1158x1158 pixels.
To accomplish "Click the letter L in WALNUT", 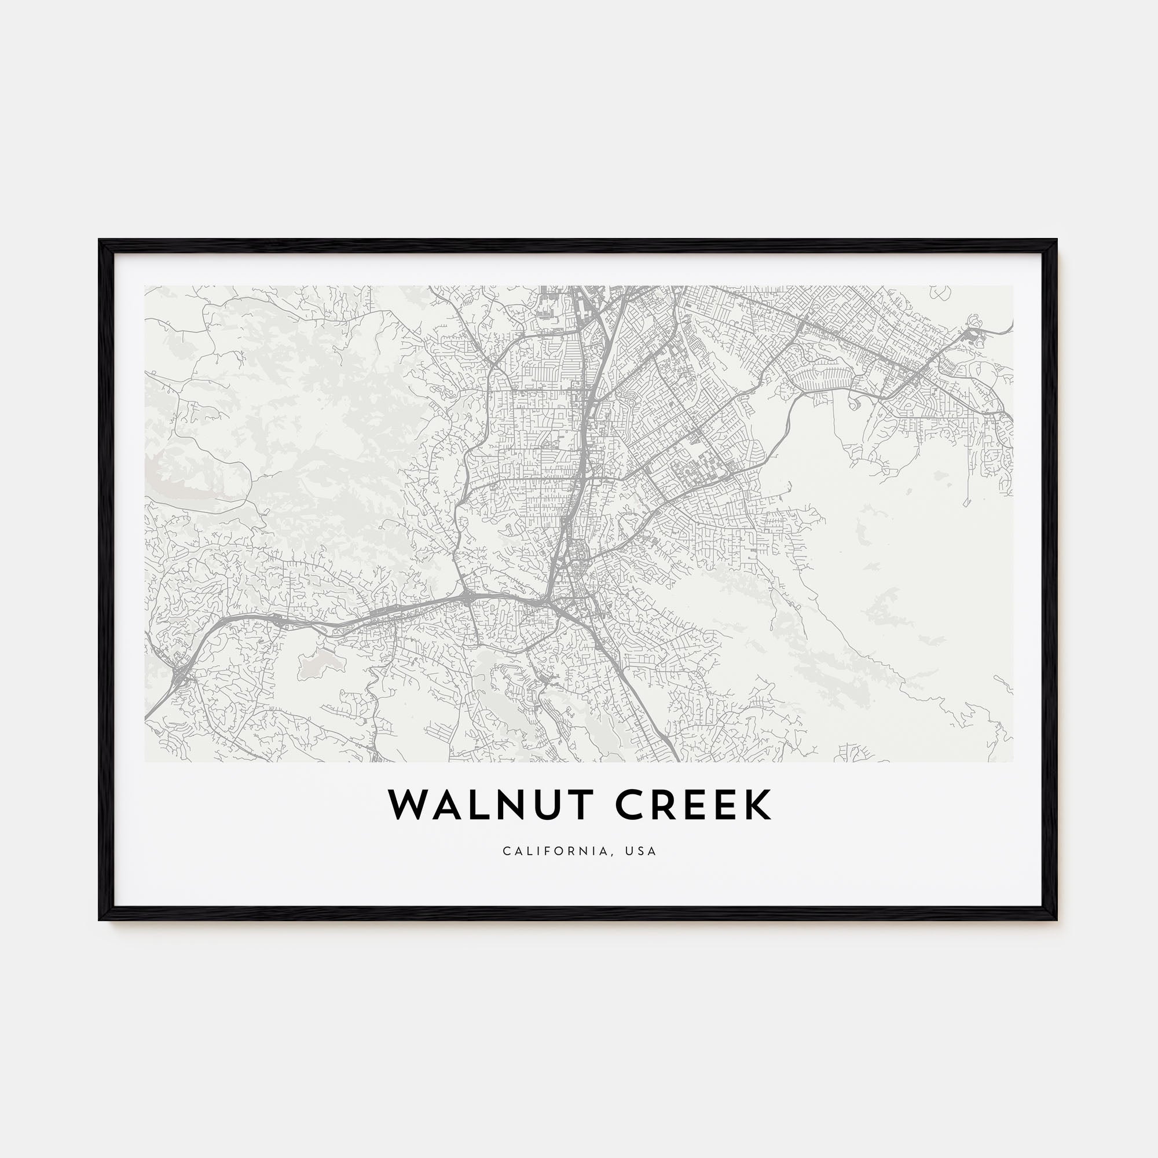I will click(472, 805).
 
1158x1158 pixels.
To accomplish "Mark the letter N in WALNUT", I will click(505, 805).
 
